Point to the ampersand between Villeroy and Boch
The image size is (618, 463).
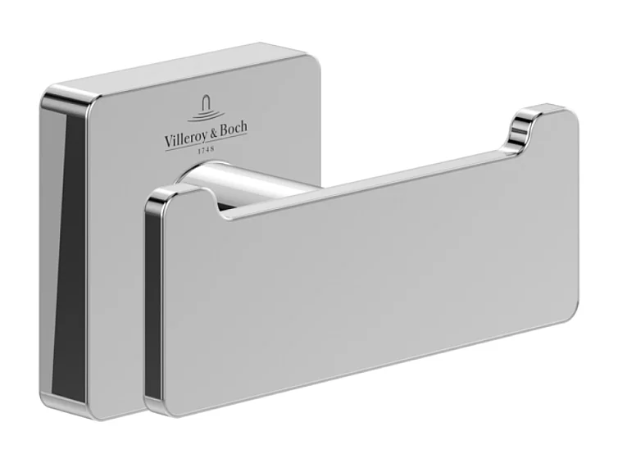coord(213,132)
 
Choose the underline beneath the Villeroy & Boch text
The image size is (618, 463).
coord(205,141)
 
